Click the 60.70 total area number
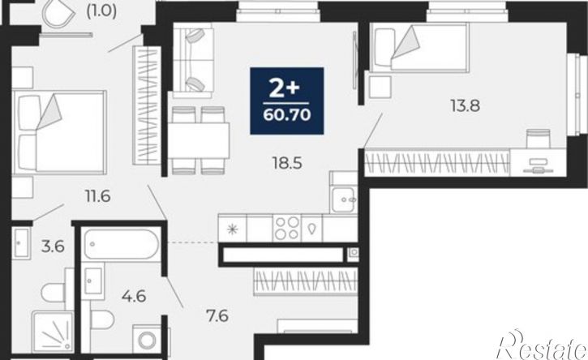287,115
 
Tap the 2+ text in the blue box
285,88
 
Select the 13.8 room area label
465,105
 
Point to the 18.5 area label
287,164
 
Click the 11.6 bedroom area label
98,196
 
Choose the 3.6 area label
53,246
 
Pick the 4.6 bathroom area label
134,296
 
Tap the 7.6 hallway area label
217,316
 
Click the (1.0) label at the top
101,11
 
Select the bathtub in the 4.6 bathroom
122,245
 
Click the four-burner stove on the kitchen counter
287,229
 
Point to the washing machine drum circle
147,341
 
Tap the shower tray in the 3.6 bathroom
53,332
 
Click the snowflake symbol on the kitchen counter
233,229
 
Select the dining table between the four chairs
199,140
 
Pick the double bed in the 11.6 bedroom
59,132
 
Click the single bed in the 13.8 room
419,47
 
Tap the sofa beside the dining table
193,60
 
